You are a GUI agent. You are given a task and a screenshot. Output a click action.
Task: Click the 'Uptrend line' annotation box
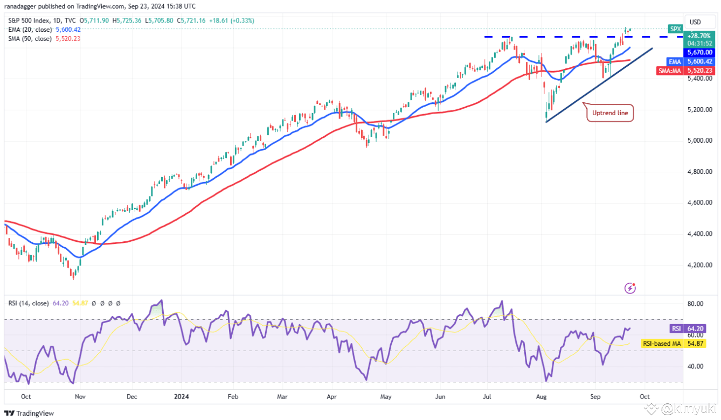coord(609,114)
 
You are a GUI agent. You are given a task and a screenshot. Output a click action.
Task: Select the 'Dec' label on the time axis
coord(131,396)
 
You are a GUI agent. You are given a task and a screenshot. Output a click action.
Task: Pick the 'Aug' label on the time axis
coord(542,396)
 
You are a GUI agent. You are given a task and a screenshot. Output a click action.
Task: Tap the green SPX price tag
coord(675,29)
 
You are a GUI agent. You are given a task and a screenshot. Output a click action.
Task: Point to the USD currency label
coord(695,22)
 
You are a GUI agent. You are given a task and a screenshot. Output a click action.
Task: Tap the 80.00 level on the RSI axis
coord(696,304)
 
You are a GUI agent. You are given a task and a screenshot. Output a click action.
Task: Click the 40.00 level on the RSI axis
coord(696,366)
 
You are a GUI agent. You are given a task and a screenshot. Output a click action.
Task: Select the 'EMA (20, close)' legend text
coord(30,30)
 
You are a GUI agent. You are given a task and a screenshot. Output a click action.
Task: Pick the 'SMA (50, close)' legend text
coord(30,39)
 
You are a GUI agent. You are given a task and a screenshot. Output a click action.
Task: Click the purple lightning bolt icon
coord(630,289)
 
